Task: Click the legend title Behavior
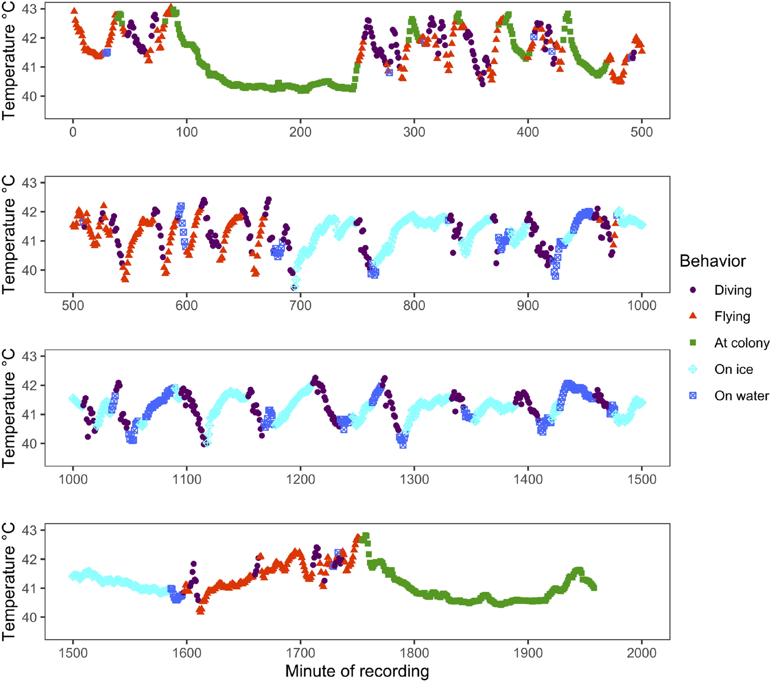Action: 712,261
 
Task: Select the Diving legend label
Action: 732,290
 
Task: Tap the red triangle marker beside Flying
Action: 693,316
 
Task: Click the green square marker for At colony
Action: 693,343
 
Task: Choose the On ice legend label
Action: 733,369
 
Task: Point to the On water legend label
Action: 741,396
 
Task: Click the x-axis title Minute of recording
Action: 357,671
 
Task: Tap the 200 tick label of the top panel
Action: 300,132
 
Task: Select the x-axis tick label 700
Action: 300,306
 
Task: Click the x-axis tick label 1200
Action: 300,480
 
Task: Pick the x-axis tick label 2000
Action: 641,653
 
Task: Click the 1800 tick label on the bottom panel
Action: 414,653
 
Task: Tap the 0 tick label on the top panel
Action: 73,132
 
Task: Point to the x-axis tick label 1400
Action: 528,480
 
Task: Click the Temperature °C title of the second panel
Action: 9,235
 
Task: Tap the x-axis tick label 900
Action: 528,306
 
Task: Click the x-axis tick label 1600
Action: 186,653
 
